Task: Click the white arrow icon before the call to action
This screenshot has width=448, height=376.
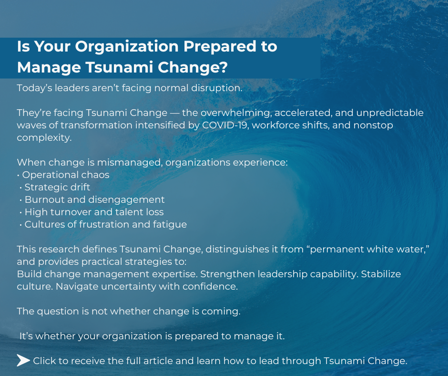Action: click(23, 361)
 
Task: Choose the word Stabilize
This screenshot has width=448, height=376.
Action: click(381, 274)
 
